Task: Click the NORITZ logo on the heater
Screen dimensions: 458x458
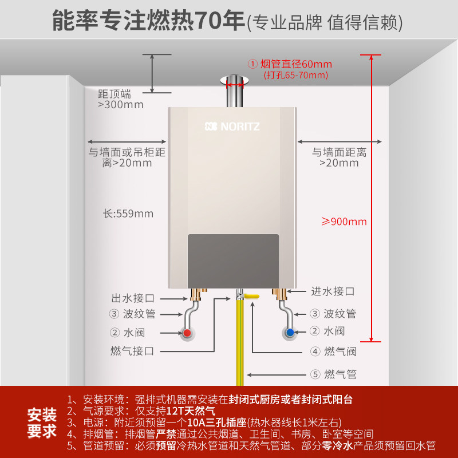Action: click(231, 126)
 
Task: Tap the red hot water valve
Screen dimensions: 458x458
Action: click(187, 333)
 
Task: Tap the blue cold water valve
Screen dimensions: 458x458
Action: click(290, 333)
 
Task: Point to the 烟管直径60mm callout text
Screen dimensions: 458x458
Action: click(290, 64)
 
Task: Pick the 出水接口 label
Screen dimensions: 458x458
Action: click(133, 298)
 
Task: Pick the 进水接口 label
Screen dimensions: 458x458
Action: click(333, 291)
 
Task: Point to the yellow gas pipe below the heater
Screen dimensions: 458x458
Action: click(240, 343)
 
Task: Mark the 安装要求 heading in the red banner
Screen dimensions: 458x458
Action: click(42, 422)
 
